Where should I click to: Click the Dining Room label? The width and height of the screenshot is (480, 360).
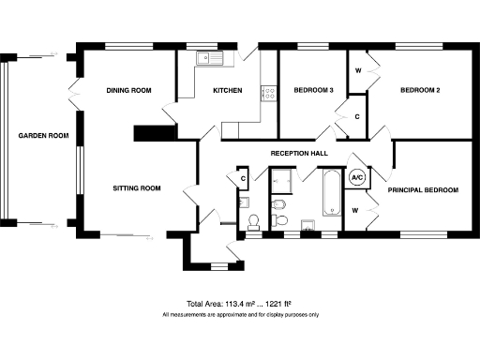(x=128, y=91)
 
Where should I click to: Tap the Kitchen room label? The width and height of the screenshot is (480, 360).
(x=228, y=91)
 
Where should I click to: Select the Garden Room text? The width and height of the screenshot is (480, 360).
(x=44, y=136)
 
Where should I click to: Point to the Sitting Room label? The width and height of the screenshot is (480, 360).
(x=137, y=188)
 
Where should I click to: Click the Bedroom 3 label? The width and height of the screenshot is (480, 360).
(x=313, y=91)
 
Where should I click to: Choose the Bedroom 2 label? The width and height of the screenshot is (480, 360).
(x=420, y=91)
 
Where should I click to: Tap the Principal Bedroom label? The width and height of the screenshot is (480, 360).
(x=423, y=190)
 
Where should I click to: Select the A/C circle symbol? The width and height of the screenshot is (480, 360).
(x=357, y=176)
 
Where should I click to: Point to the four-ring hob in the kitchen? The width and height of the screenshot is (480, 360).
(x=268, y=93)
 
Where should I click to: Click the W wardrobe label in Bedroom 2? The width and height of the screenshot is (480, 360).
(x=358, y=71)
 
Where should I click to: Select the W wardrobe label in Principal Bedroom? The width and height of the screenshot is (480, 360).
(x=355, y=210)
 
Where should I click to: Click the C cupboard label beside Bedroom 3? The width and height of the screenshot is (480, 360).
(x=357, y=116)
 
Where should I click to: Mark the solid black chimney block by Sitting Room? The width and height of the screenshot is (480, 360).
(x=149, y=133)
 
